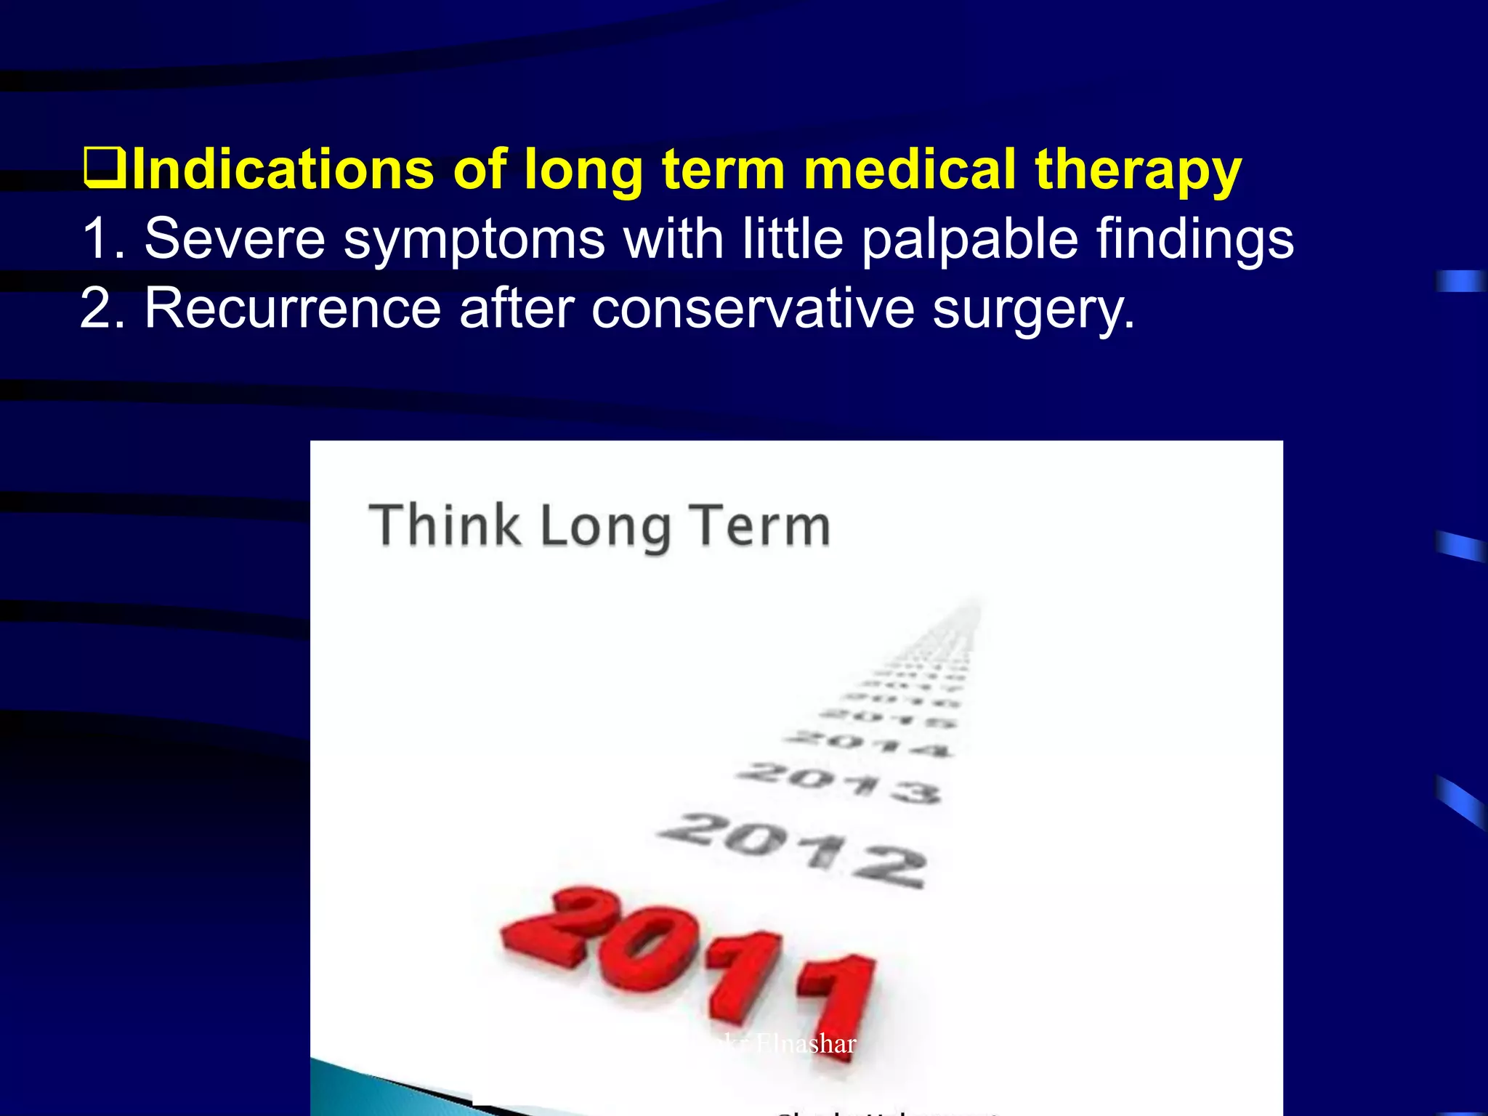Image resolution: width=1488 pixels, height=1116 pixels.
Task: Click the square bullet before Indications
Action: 105,168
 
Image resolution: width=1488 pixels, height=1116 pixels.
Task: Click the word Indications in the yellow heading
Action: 283,169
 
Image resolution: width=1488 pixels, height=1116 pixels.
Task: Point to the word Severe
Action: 234,238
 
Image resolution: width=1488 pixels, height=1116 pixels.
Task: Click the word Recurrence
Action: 292,309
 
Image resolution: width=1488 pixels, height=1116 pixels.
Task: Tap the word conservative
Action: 753,309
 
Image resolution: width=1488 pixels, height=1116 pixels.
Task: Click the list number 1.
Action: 102,238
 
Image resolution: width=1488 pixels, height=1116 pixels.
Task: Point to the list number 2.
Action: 102,309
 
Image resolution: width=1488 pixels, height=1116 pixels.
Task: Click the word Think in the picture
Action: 445,525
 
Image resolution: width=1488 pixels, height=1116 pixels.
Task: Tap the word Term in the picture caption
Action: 759,526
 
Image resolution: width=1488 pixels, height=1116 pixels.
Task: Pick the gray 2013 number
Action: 840,781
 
